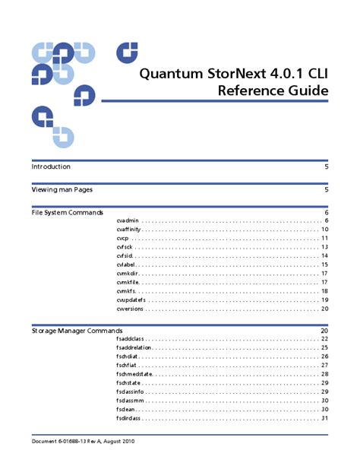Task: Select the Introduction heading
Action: coord(51,166)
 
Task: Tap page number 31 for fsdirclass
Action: coord(324,418)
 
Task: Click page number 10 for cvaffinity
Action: coord(324,229)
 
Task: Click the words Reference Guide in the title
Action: coord(273,92)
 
